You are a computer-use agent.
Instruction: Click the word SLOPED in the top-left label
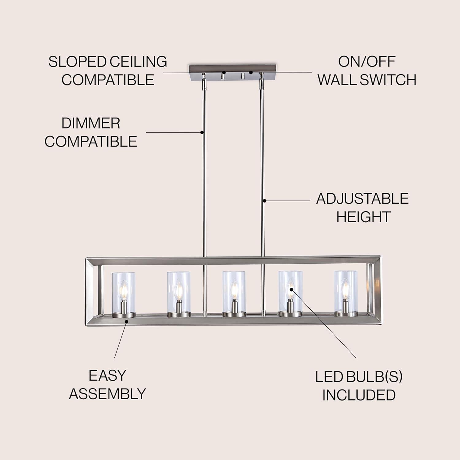pyautogui.click(x=73, y=62)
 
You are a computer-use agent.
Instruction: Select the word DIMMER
pyautogui.click(x=91, y=123)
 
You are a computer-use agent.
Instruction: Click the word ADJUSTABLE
pyautogui.click(x=362, y=199)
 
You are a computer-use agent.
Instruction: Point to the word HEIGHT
pyautogui.click(x=363, y=217)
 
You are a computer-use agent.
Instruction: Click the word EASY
pyautogui.click(x=107, y=376)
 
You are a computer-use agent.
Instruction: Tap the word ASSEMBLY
pyautogui.click(x=107, y=394)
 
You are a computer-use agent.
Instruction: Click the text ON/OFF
pyautogui.click(x=367, y=62)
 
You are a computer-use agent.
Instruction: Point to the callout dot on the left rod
pyautogui.click(x=202, y=132)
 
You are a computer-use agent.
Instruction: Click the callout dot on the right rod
pyautogui.click(x=264, y=201)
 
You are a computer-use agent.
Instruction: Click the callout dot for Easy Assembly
pyautogui.click(x=126, y=321)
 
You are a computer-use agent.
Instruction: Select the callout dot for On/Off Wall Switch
pyautogui.click(x=251, y=73)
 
